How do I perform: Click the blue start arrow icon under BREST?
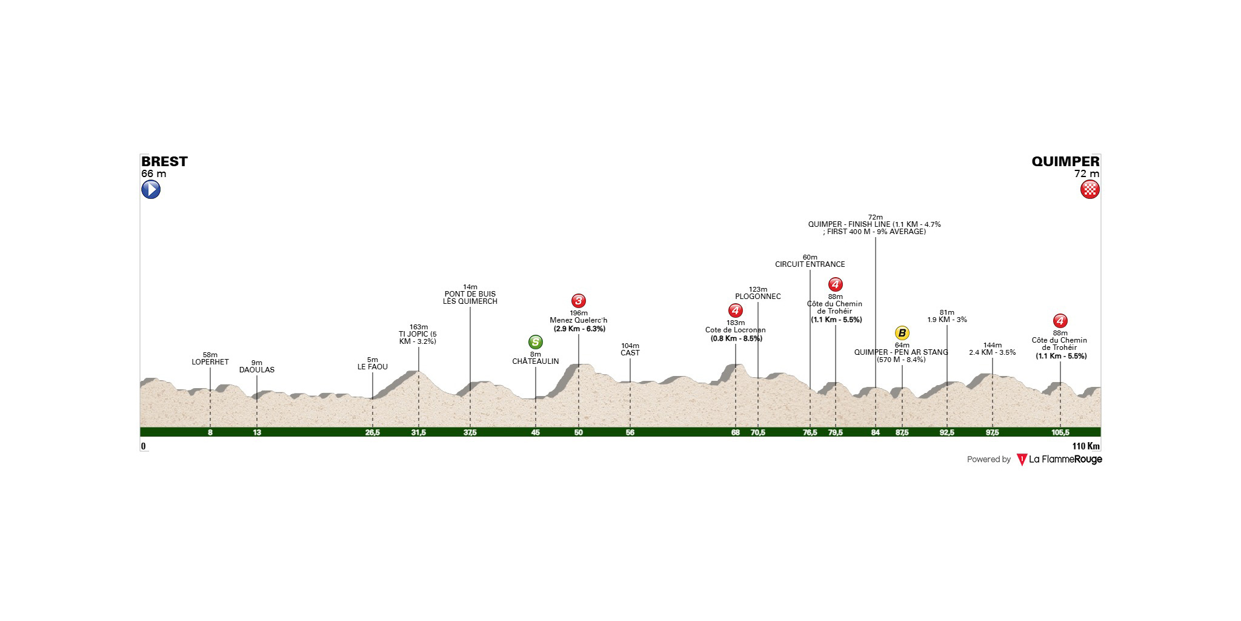coord(151,190)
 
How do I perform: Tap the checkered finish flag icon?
coord(1090,190)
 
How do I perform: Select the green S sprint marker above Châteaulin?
coord(535,342)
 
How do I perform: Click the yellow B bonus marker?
coord(902,333)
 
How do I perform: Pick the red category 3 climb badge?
coord(578,301)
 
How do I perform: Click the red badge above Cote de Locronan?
coord(735,311)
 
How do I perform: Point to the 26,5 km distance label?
coord(372,432)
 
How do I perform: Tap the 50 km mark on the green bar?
coord(578,432)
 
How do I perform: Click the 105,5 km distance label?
coord(1060,432)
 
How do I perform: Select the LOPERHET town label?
coord(210,362)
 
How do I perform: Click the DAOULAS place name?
coord(257,370)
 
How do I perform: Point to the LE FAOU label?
coord(373,367)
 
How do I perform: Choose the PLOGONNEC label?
coord(758,297)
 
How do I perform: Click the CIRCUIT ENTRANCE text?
coord(810,264)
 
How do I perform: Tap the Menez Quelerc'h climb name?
coord(578,321)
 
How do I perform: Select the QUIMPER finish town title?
coord(1065,161)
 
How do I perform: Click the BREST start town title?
coord(164,161)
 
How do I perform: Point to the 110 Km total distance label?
coord(1086,446)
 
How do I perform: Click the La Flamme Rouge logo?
coord(1059,460)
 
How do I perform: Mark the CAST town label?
coord(630,353)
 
